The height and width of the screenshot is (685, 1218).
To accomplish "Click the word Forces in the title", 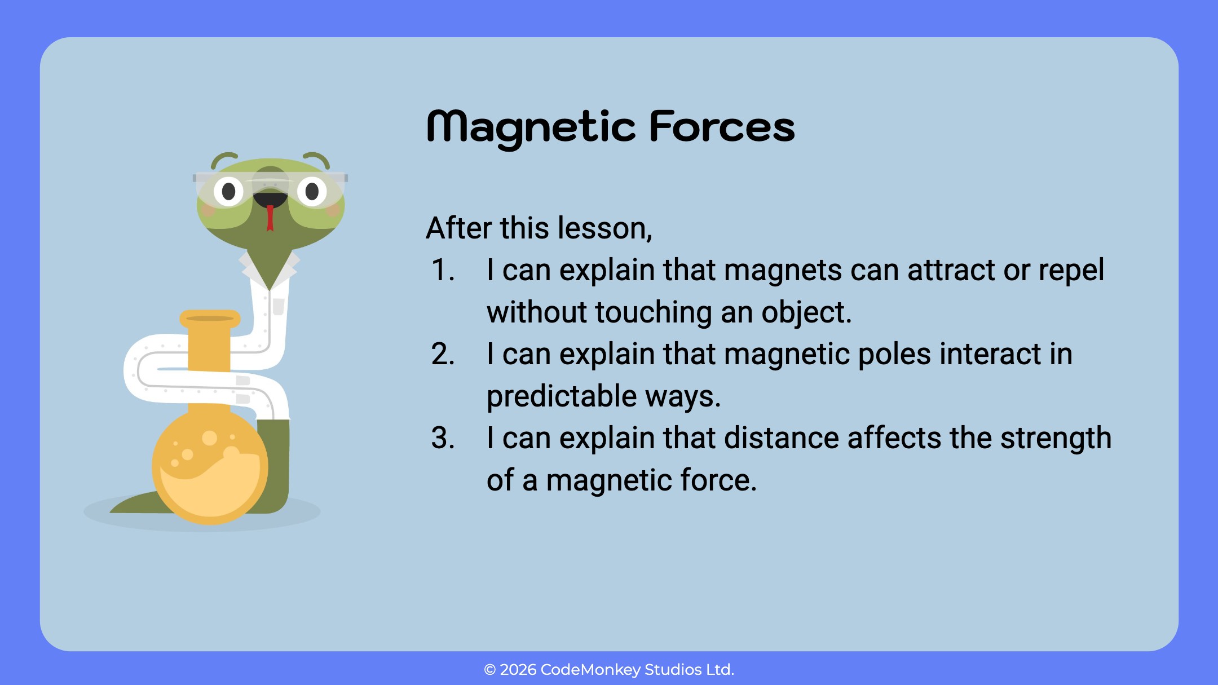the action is pos(722,126).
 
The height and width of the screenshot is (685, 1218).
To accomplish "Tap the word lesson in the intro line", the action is pos(604,228).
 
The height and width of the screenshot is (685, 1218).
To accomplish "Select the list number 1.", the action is pos(443,270).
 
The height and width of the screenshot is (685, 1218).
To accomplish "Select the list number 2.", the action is pos(443,354).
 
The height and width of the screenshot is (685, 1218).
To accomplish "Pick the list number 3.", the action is pos(443,438).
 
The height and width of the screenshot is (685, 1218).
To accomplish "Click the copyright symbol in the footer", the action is pos(489,670).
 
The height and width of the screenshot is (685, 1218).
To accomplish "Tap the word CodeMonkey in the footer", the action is pos(590,670).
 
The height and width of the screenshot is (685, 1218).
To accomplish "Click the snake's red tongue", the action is pos(270,218).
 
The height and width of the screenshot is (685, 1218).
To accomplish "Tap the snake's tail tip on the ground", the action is pos(112,511).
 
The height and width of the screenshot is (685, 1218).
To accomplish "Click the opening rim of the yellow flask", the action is pos(210,318).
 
